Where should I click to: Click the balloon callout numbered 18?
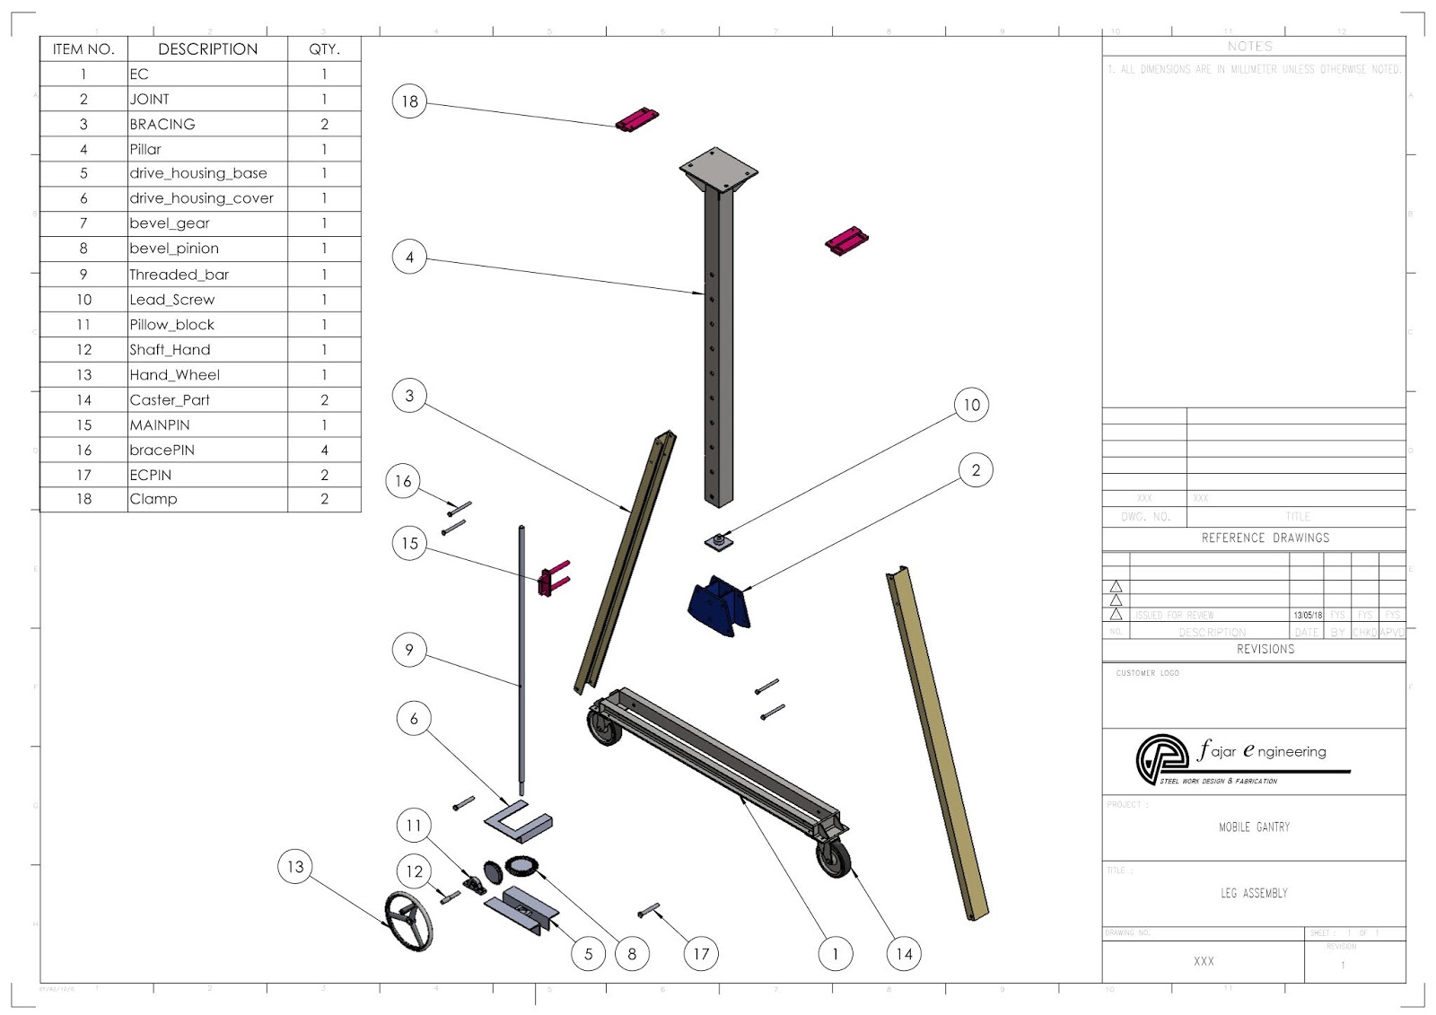point(409,101)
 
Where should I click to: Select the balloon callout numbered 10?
point(971,405)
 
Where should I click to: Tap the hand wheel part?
point(408,920)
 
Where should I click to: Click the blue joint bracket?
point(718,607)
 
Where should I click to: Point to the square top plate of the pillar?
point(718,169)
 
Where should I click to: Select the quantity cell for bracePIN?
point(324,450)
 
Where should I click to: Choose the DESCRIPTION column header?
point(207,49)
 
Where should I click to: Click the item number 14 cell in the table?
point(83,400)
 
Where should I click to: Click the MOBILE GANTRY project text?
point(1254,827)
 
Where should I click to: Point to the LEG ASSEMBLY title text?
point(1254,893)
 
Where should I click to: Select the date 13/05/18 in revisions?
point(1307,616)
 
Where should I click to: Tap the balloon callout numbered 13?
point(295,866)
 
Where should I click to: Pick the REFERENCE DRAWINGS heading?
point(1265,538)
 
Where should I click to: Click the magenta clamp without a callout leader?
point(846,241)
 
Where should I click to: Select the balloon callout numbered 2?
point(976,470)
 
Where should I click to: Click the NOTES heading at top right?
point(1249,46)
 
